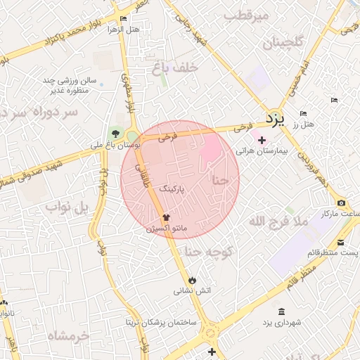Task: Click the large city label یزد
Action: click(274, 119)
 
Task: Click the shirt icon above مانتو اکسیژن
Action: click(167, 218)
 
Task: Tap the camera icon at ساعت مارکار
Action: click(341, 203)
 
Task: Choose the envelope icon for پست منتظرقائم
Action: click(340, 242)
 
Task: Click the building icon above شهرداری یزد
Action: click(281, 311)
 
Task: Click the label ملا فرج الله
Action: click(279, 221)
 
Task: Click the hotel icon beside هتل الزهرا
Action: click(124, 19)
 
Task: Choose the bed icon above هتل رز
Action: click(303, 114)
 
